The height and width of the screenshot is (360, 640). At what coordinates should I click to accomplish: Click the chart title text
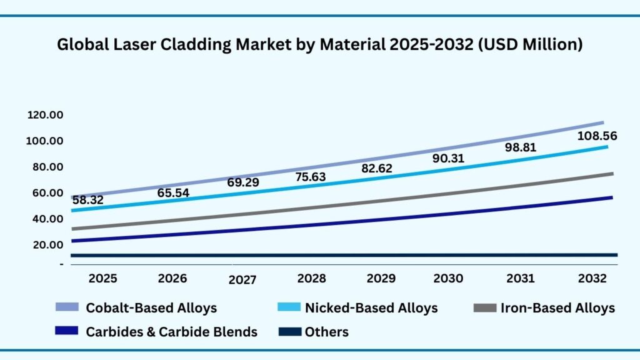tap(320, 45)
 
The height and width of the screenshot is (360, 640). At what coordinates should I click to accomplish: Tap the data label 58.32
tap(87, 200)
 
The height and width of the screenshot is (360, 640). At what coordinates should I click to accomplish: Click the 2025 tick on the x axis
tap(102, 278)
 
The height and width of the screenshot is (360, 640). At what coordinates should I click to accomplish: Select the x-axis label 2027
tap(242, 280)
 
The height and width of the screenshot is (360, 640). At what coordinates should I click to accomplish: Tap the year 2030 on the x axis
tap(449, 278)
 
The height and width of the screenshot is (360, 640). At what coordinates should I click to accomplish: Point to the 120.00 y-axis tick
tap(44, 115)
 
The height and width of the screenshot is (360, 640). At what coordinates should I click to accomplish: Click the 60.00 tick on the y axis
tap(44, 193)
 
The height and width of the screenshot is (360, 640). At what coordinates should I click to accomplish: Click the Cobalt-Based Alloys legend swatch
tap(67, 307)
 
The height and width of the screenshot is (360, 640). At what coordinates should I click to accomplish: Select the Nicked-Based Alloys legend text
tap(371, 307)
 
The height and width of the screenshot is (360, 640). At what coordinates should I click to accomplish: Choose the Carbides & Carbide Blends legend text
tap(171, 332)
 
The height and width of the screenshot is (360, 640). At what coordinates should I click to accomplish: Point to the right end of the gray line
tap(611, 174)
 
